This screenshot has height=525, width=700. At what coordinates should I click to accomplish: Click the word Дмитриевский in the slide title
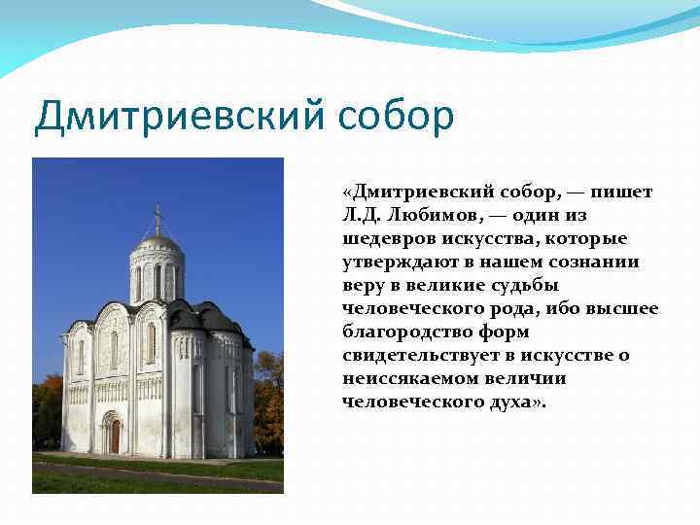pos(182,117)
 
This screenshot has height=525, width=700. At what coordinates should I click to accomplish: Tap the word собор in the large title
pos(398,117)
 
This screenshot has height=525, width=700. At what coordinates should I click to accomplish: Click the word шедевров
pos(387,238)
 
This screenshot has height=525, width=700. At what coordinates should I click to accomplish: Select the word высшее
pos(624,308)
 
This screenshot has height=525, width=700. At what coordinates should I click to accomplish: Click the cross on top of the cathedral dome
pos(157,217)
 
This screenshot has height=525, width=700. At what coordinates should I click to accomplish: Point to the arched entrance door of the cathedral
pos(114,436)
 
